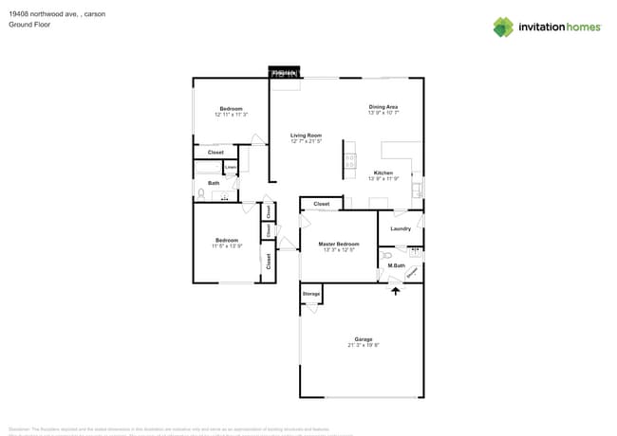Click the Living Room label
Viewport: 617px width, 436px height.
[x=306, y=136]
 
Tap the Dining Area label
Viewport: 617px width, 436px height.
[x=383, y=107]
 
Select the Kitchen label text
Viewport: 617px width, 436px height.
[x=383, y=173]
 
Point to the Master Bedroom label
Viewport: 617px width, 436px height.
[x=338, y=245]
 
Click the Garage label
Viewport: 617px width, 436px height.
[x=363, y=338]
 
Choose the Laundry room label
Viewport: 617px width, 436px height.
[x=401, y=228]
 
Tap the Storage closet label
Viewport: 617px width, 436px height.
[x=311, y=294]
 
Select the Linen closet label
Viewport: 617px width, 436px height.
[x=230, y=168]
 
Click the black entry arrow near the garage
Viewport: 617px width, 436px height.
[x=396, y=290]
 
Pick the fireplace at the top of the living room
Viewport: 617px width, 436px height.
[x=285, y=72]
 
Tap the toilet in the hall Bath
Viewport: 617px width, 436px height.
[x=201, y=194]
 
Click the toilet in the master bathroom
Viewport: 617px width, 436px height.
[x=385, y=256]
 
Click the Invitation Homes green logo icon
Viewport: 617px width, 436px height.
[x=503, y=27]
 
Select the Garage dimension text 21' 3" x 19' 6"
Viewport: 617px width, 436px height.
[x=363, y=345]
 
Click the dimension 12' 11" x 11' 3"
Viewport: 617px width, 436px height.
[x=231, y=115]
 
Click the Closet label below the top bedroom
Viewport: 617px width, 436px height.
[x=215, y=152]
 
